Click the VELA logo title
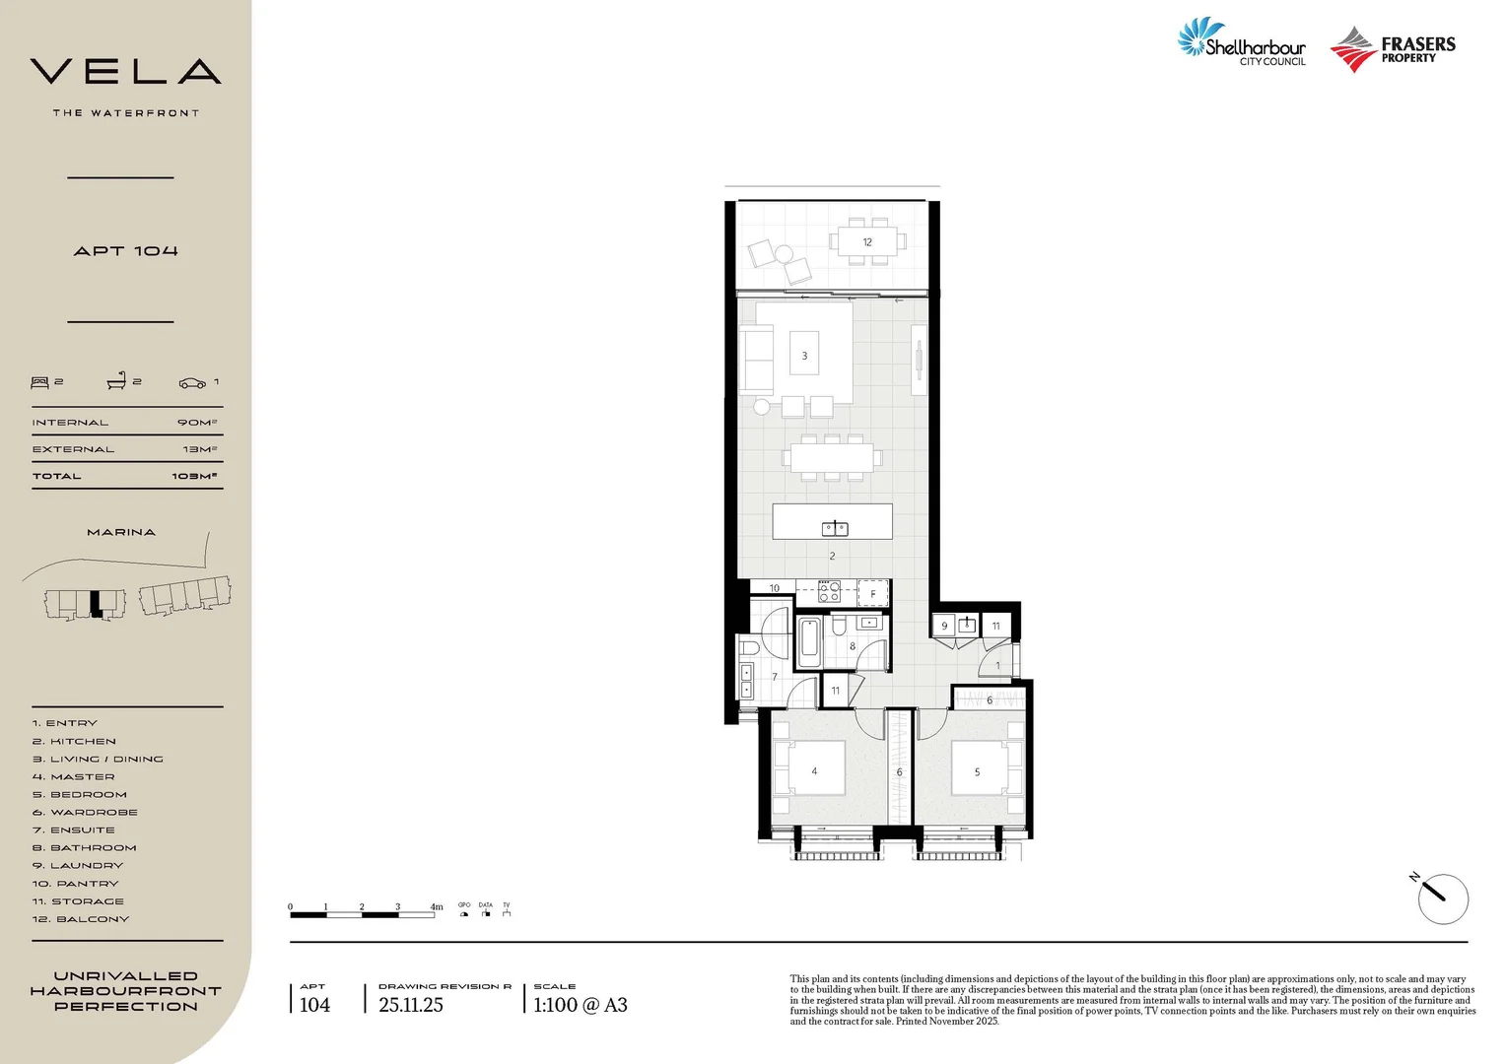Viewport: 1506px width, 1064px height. pyautogui.click(x=125, y=72)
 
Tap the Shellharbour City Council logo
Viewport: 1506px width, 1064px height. pyautogui.click(x=1243, y=43)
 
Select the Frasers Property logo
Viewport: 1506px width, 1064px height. pyautogui.click(x=1393, y=49)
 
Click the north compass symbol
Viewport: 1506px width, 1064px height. pyautogui.click(x=1442, y=898)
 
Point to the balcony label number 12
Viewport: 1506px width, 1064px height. pyautogui.click(x=867, y=241)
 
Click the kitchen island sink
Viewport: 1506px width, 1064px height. pyautogui.click(x=835, y=528)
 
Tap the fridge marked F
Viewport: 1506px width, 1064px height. pyautogui.click(x=873, y=593)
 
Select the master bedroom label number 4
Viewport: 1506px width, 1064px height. pyautogui.click(x=814, y=771)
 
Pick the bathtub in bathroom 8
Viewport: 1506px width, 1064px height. pyautogui.click(x=809, y=642)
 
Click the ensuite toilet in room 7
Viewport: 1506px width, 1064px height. pyautogui.click(x=750, y=647)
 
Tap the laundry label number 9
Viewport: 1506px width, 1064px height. pyautogui.click(x=944, y=626)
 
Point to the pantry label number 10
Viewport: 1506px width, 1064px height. pyautogui.click(x=775, y=588)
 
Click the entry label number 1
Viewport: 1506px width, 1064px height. pyautogui.click(x=997, y=666)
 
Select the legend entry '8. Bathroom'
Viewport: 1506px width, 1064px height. pyautogui.click(x=85, y=848)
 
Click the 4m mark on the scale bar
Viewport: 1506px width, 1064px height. pyautogui.click(x=436, y=907)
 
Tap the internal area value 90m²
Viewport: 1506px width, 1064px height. pyautogui.click(x=196, y=423)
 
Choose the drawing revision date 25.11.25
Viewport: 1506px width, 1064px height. pyautogui.click(x=411, y=1005)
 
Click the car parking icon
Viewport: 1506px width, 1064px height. pyautogui.click(x=192, y=382)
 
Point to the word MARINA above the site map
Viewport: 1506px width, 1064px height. pyautogui.click(x=121, y=532)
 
